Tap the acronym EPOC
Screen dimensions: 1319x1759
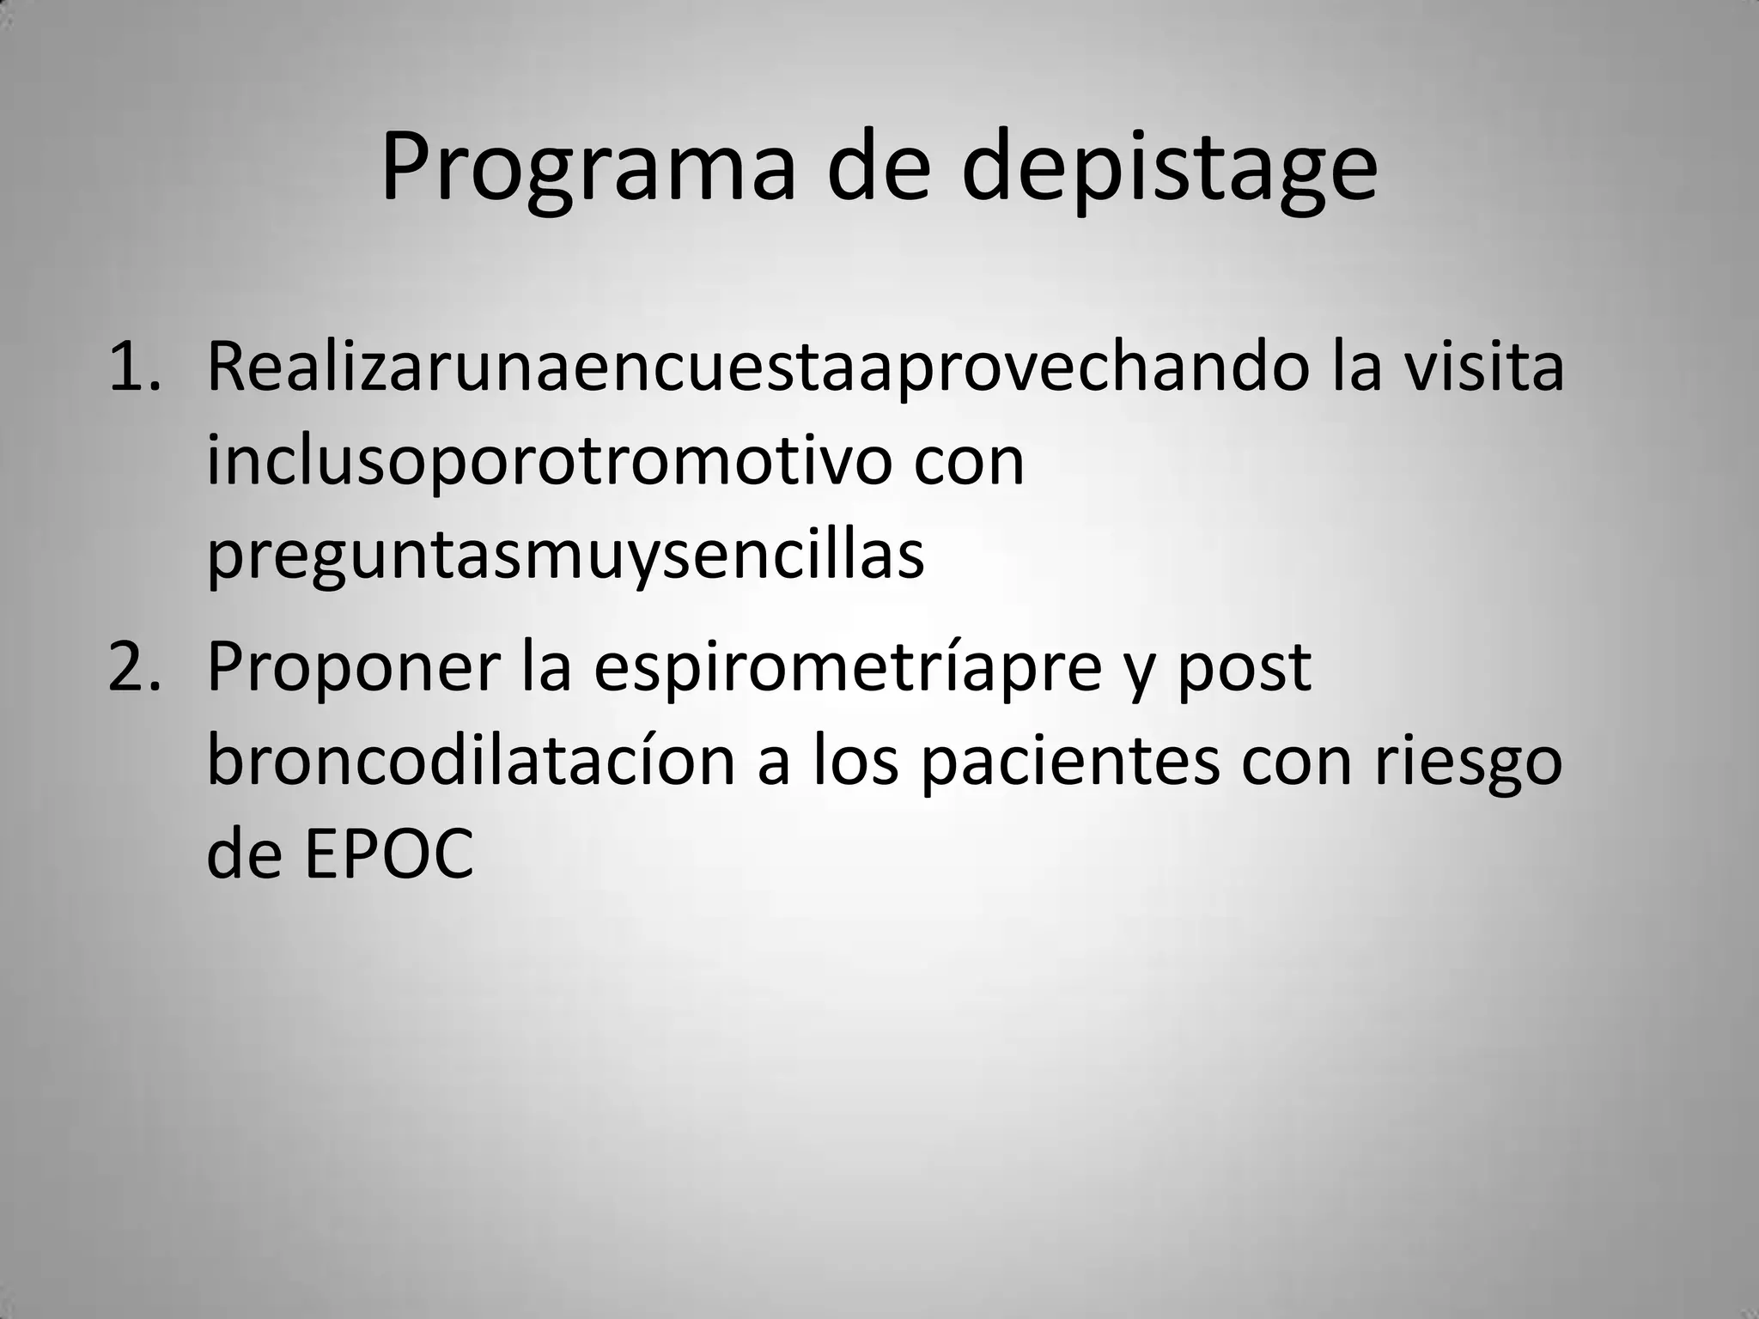388,855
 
